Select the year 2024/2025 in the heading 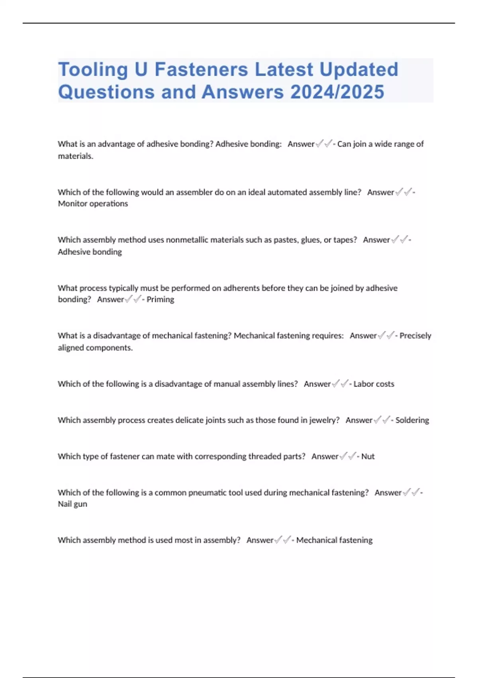tap(337, 92)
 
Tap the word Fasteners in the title tap(201, 69)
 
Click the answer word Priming tap(160, 300)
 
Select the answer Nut tap(368, 456)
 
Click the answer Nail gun tap(72, 504)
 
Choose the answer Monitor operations tap(93, 204)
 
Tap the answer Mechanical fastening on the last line tap(334, 540)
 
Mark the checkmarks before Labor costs tap(340, 384)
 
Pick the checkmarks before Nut tap(348, 456)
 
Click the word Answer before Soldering tap(358, 420)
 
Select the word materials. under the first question tap(75, 156)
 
